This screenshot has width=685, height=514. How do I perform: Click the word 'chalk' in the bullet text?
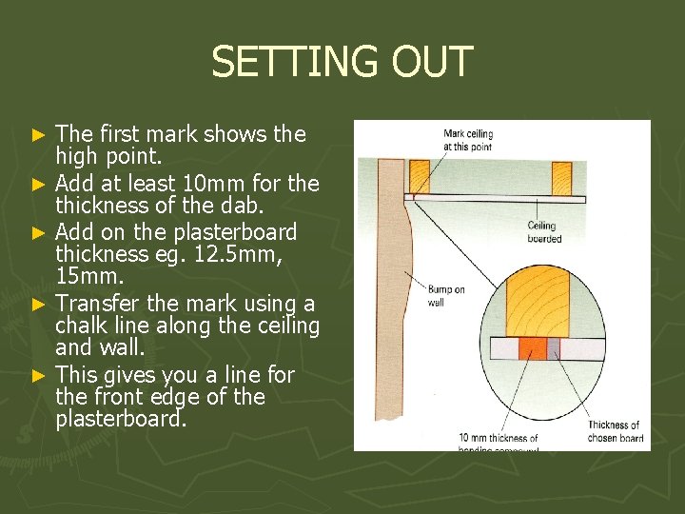click(x=83, y=326)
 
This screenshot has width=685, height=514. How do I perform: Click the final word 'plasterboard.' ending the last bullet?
click(x=119, y=420)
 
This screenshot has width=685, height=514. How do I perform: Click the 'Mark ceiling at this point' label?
click(x=467, y=139)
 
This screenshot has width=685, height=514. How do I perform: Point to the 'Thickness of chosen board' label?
click(x=615, y=431)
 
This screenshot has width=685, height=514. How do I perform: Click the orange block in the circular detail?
click(x=533, y=348)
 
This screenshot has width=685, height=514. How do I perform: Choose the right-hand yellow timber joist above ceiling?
click(x=561, y=176)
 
